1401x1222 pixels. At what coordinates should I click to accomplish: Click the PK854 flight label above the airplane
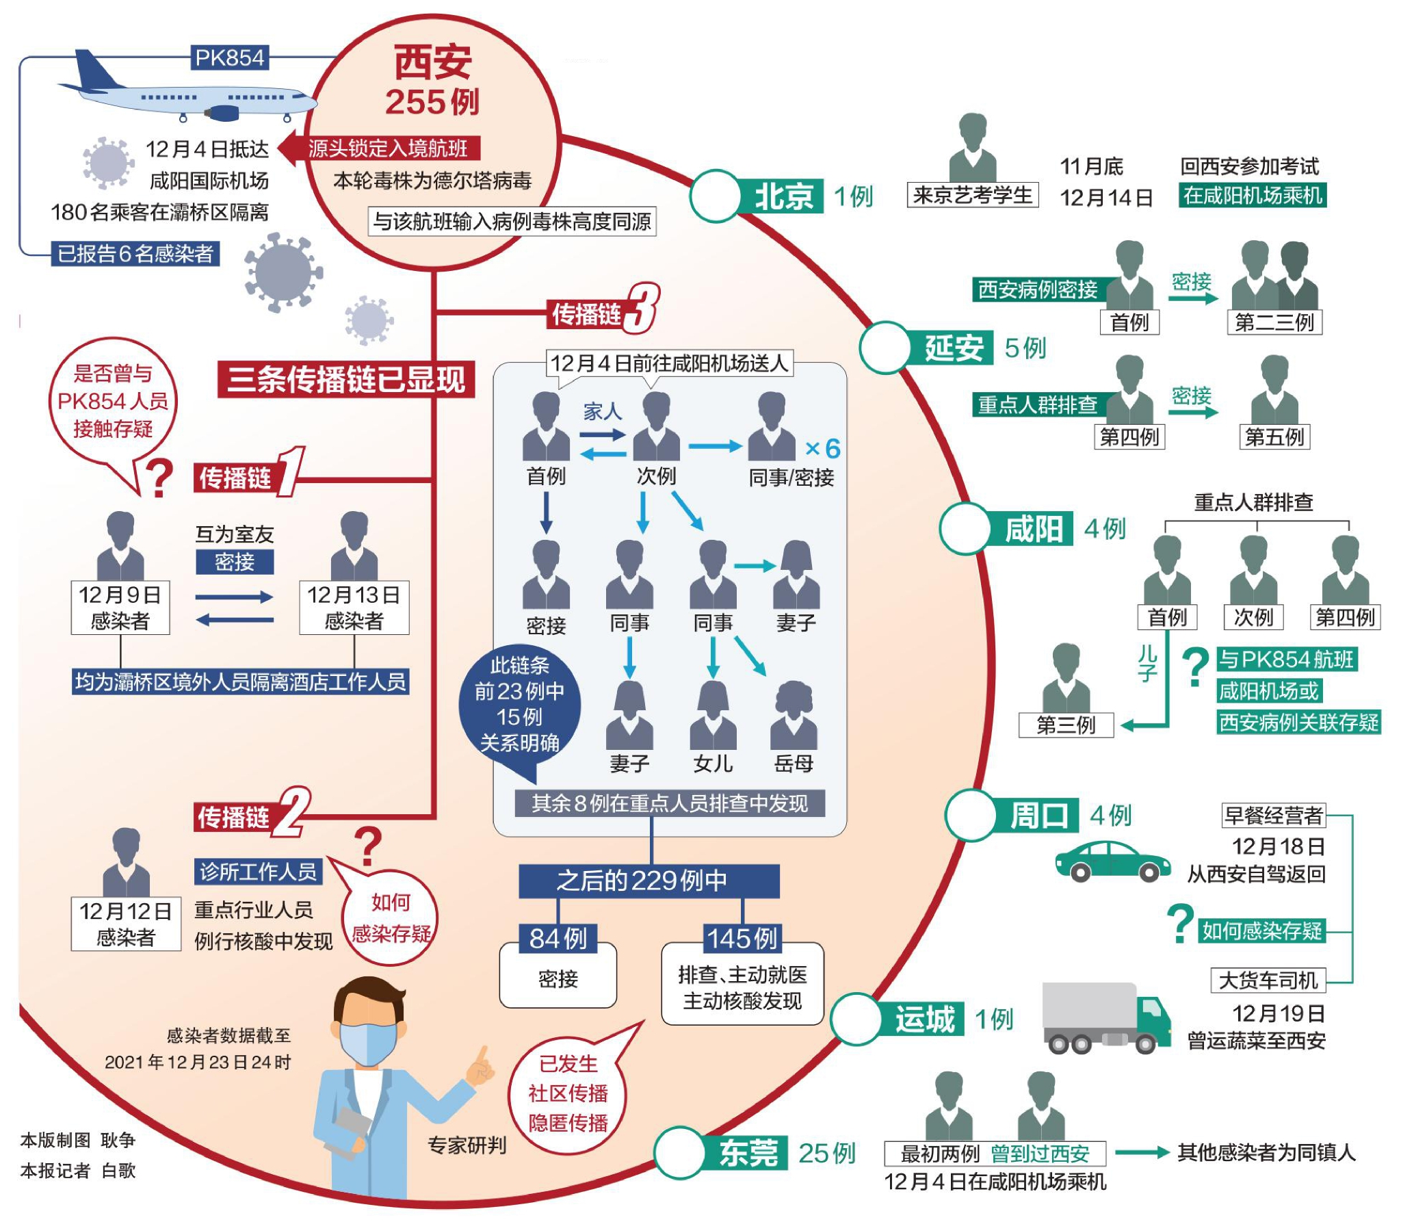point(229,57)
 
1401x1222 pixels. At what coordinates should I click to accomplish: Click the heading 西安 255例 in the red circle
point(432,81)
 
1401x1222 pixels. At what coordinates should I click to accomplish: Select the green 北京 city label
point(783,197)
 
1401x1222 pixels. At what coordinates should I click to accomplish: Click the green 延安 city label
point(953,348)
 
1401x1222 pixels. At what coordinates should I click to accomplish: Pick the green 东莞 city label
point(747,1153)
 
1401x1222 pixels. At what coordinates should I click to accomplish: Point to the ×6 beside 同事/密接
point(823,449)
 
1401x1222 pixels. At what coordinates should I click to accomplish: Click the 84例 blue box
point(558,939)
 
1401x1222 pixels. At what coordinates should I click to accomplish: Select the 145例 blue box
point(742,939)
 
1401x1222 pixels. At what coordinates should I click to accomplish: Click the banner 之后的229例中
point(648,881)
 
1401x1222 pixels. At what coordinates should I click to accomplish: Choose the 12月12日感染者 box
point(125,924)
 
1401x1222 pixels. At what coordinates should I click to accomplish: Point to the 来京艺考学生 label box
point(972,195)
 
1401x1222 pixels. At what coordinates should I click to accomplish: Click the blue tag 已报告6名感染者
point(135,254)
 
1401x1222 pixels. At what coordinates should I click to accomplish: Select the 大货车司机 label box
point(1267,980)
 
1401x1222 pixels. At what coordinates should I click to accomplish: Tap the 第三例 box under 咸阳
point(1065,725)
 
